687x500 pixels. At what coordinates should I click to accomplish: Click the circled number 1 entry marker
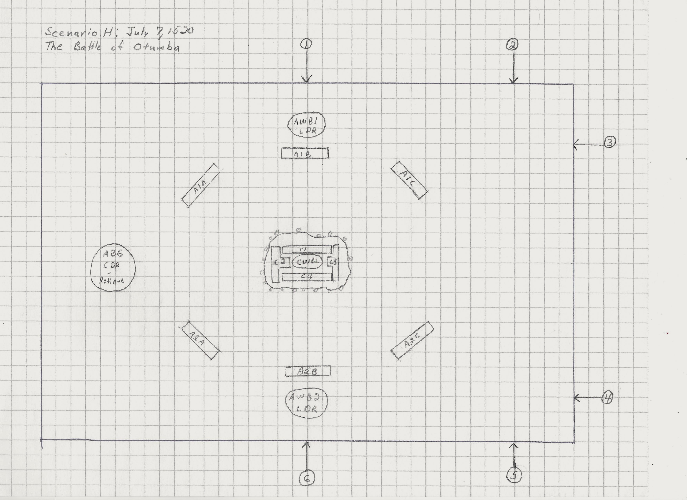(306, 44)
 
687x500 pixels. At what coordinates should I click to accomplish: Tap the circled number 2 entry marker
(512, 45)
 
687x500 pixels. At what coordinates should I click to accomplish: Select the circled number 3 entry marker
(610, 142)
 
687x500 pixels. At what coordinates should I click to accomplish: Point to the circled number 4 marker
(607, 397)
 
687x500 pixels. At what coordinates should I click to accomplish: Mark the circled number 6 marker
(307, 478)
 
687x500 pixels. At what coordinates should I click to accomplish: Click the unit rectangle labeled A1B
(305, 153)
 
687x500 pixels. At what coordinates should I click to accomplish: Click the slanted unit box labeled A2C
(412, 341)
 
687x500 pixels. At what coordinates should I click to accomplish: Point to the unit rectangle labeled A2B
(308, 371)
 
